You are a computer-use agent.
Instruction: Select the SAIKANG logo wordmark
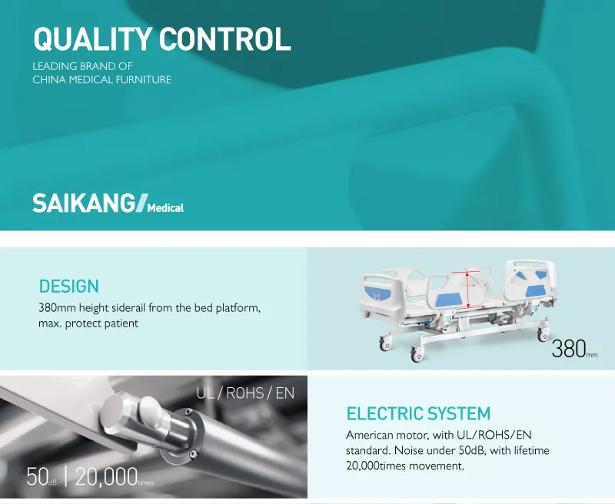click(x=83, y=204)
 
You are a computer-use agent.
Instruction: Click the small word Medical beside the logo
click(x=165, y=207)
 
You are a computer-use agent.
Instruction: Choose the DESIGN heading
click(x=69, y=287)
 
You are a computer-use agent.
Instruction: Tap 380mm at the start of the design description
click(x=58, y=308)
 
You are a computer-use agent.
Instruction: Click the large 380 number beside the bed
click(x=568, y=348)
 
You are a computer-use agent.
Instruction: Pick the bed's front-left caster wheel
click(x=417, y=354)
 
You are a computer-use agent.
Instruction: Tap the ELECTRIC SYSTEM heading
click(x=418, y=414)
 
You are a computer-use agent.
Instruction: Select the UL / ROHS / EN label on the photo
click(x=245, y=394)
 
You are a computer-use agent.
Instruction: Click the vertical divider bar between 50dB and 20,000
click(x=65, y=476)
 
